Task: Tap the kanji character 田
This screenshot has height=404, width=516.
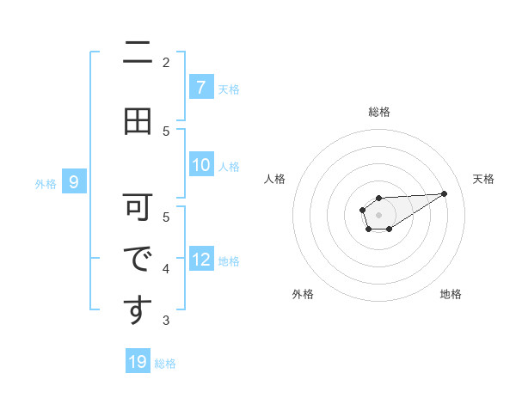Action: point(138,121)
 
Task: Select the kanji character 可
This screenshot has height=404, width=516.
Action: point(138,207)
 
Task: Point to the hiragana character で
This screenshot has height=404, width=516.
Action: point(138,259)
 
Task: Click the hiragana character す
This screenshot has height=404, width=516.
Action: point(138,310)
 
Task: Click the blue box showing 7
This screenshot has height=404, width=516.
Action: point(200,87)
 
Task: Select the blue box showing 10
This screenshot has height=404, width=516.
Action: point(200,165)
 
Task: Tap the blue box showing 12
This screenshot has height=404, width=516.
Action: point(200,260)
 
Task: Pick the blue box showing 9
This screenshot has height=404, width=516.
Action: point(74,181)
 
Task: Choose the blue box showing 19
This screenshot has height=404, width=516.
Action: point(138,362)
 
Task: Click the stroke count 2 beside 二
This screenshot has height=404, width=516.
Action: point(166,62)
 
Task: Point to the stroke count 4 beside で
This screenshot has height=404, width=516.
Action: point(166,269)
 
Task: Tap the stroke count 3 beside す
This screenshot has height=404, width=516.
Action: point(166,321)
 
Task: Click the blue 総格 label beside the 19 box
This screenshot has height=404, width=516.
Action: point(165,364)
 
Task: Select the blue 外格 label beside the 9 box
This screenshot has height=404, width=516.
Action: point(45,183)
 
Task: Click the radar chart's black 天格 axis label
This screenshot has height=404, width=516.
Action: point(484,179)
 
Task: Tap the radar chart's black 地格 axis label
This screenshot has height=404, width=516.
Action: point(451,294)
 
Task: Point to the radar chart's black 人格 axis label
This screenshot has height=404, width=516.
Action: point(274,179)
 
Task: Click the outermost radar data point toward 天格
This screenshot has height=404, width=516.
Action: point(445,193)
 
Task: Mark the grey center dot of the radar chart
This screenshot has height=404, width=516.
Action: point(378,214)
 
